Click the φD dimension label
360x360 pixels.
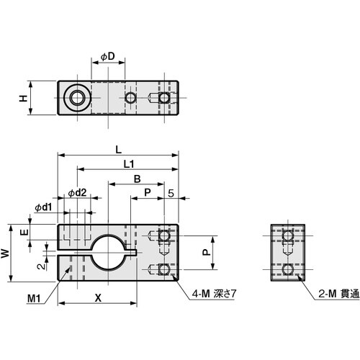pyautogui.click(x=108, y=57)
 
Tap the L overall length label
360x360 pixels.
pyautogui.click(x=118, y=149)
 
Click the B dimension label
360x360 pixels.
pyautogui.click(x=136, y=179)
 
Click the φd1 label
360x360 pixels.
pyautogui.click(x=42, y=207)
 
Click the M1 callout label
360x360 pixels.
pyautogui.click(x=34, y=297)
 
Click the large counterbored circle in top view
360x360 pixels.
pyautogui.click(x=74, y=97)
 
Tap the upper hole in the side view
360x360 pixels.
pyautogui.click(x=289, y=236)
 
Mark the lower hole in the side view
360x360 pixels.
pyautogui.click(x=289, y=269)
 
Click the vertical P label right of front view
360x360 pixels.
pyautogui.click(x=204, y=253)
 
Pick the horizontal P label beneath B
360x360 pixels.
pyautogui.click(x=147, y=192)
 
